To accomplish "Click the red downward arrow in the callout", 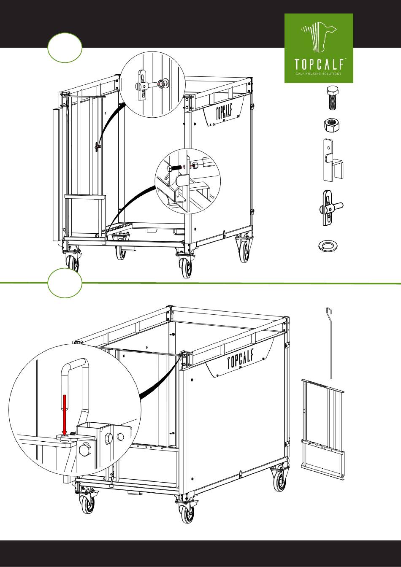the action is pyautogui.click(x=65, y=415).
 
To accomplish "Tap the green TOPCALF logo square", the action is pyautogui.click(x=319, y=48).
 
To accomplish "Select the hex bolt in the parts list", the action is pyautogui.click(x=333, y=98).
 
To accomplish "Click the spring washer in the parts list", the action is pyautogui.click(x=327, y=246).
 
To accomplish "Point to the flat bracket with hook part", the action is pyautogui.click(x=333, y=160).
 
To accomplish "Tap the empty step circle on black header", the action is pyautogui.click(x=65, y=47).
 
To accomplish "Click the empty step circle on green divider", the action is pyautogui.click(x=65, y=283).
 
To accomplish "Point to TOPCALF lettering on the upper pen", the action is pyautogui.click(x=224, y=112).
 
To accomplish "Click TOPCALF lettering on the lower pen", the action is pyautogui.click(x=241, y=359).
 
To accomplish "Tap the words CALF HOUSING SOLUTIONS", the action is pyautogui.click(x=318, y=74).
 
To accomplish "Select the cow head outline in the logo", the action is pyautogui.click(x=319, y=36).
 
